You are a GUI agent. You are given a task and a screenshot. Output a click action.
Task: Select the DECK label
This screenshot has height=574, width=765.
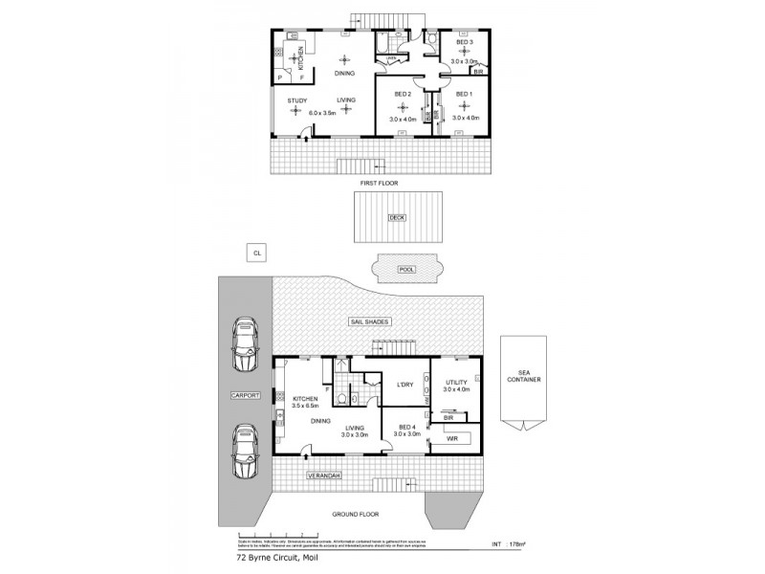pyautogui.click(x=396, y=218)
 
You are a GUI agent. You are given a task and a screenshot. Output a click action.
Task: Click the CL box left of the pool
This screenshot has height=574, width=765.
pyautogui.click(x=255, y=253)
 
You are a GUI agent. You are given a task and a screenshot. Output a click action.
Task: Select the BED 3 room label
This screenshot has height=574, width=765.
pyautogui.click(x=466, y=43)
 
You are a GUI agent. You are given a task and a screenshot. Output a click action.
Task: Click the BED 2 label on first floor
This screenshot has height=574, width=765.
pyautogui.click(x=403, y=93)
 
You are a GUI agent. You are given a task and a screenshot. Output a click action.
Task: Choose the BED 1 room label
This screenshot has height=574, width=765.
pyautogui.click(x=465, y=93)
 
